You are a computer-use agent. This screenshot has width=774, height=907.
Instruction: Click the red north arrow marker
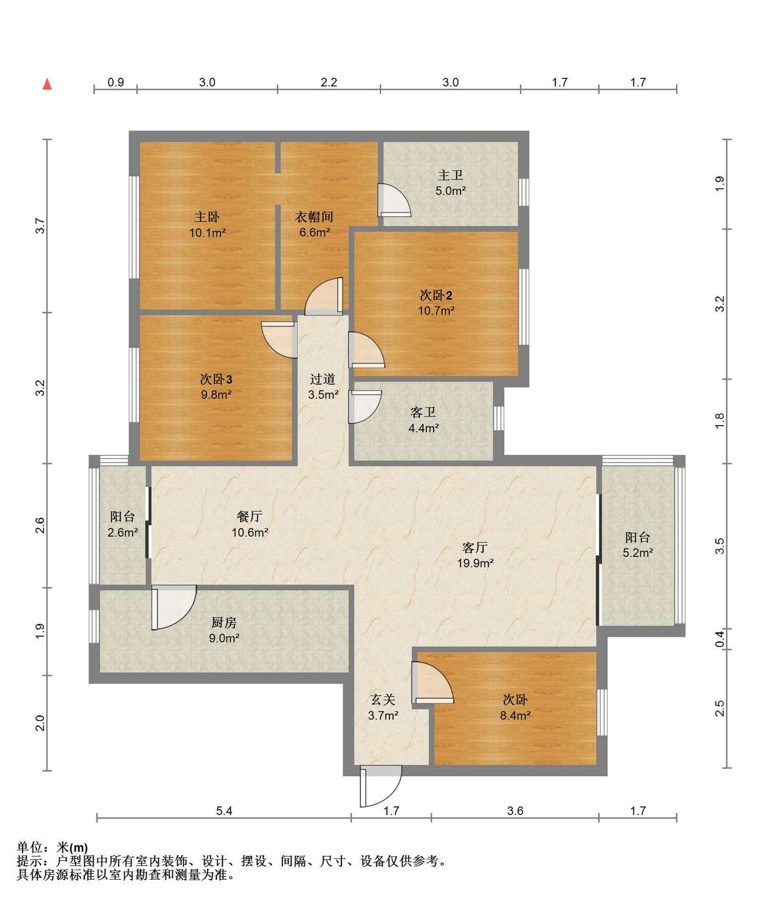point(47,85)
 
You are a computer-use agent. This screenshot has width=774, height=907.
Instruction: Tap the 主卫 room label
point(451,175)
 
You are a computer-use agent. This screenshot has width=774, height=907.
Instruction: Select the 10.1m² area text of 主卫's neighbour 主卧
point(207,233)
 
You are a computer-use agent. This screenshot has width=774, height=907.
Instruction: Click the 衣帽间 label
point(314,217)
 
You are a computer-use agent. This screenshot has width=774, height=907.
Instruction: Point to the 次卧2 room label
point(436,295)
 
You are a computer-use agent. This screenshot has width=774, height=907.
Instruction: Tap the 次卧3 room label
point(216,379)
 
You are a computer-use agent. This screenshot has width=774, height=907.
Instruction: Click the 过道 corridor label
point(323,379)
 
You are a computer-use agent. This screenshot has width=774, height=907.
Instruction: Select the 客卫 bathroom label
point(423,412)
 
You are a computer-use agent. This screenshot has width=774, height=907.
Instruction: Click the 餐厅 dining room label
point(249,516)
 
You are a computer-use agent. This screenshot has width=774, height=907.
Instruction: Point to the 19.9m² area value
point(476,563)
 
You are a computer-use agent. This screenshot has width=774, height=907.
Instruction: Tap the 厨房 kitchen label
point(224,623)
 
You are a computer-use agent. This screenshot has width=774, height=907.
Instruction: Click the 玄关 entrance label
point(383,700)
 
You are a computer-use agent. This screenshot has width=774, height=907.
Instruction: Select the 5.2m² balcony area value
point(638,553)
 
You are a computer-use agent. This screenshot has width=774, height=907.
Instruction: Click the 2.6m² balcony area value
point(123,532)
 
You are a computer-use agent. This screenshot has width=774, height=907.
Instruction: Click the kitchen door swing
point(174,608)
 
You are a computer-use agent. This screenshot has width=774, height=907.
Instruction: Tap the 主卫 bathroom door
point(394,200)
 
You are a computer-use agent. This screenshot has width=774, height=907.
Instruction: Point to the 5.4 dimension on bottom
point(224,811)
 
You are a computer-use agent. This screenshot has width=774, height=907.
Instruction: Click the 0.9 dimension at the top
point(116,82)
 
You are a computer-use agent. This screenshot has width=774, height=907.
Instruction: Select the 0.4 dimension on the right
point(720,639)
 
